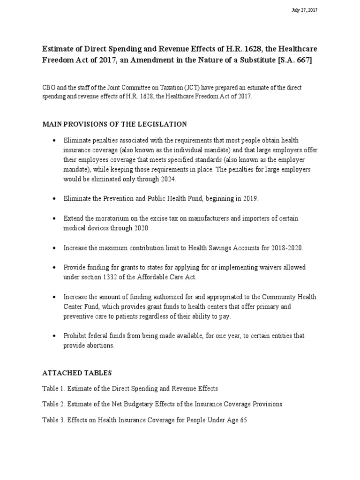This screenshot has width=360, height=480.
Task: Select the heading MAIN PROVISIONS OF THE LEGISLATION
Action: [x=115, y=124]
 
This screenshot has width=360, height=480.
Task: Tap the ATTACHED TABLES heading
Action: [x=77, y=374]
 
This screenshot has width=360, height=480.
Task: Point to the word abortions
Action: [x=99, y=345]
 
